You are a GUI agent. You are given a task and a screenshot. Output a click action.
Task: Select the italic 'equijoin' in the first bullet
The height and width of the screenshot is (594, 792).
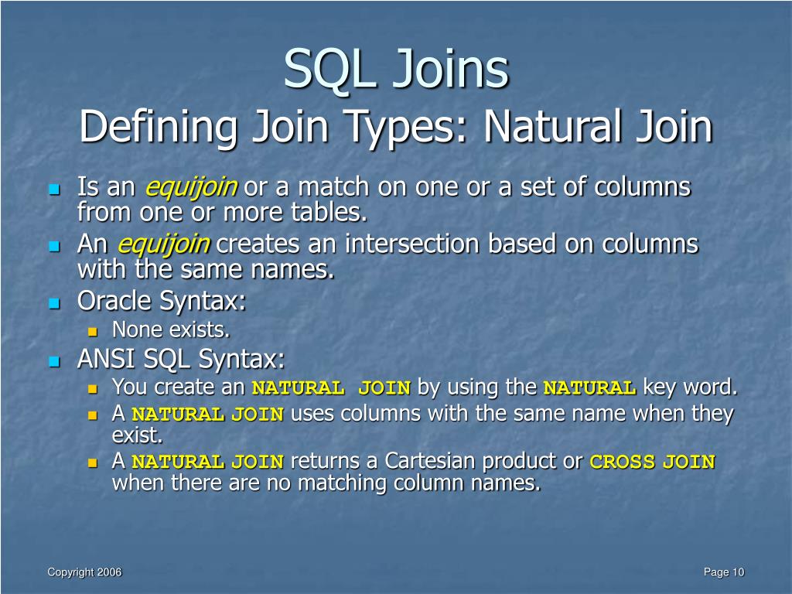(191, 187)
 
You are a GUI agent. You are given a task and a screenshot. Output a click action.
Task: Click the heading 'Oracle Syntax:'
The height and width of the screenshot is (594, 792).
(162, 301)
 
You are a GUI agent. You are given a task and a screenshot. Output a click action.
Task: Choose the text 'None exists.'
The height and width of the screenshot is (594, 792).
(171, 330)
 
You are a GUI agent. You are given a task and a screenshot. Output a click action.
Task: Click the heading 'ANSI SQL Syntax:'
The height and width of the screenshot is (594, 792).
(181, 359)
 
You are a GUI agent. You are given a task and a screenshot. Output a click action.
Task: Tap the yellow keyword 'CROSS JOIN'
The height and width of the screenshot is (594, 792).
(652, 463)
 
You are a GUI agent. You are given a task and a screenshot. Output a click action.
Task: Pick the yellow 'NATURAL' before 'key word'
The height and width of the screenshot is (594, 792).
(589, 387)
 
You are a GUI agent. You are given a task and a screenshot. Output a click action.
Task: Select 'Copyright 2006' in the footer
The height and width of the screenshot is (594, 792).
(84, 572)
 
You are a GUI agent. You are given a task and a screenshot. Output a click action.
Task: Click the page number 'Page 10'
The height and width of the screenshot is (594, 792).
(723, 572)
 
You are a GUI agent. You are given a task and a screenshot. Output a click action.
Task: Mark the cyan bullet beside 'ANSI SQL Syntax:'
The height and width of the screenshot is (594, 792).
(53, 360)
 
